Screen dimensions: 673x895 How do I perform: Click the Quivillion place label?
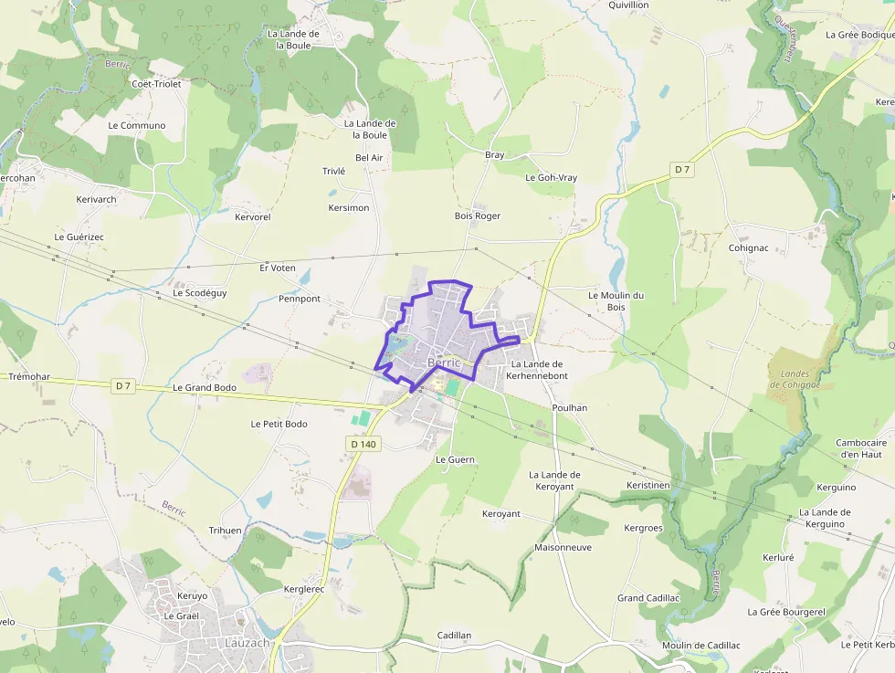click(628, 5)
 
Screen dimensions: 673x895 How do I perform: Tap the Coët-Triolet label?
click(156, 84)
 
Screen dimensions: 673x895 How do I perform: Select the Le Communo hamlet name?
click(137, 126)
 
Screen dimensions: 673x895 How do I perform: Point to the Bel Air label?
click(369, 158)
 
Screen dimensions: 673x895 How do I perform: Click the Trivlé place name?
click(333, 172)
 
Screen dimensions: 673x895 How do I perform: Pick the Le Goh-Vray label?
click(551, 178)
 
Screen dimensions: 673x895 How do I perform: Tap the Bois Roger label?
click(478, 216)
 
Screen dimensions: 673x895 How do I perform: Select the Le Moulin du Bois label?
click(616, 300)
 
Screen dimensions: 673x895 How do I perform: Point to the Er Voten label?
click(278, 268)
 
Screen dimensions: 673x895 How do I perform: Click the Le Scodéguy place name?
click(200, 293)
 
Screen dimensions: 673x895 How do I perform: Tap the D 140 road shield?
click(363, 445)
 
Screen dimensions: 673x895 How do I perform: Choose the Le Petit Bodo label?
click(279, 425)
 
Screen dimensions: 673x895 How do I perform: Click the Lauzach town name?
click(247, 643)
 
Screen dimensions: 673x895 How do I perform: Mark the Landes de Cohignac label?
click(795, 379)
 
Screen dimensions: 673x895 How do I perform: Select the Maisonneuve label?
click(563, 548)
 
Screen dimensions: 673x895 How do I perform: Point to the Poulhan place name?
click(570, 408)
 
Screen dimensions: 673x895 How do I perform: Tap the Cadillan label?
click(454, 636)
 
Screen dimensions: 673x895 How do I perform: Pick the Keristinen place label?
click(648, 485)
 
